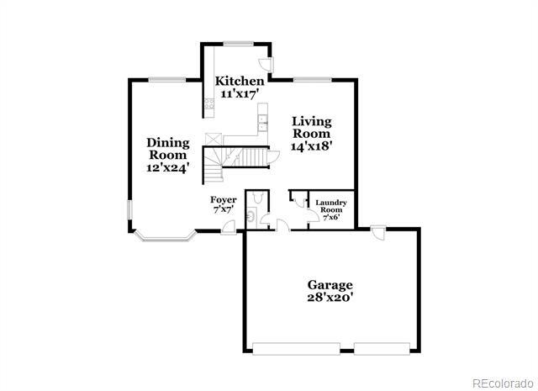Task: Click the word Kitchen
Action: coord(233,81)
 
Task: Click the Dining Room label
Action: coord(168,148)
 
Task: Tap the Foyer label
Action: coord(223,199)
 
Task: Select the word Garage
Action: coord(330,284)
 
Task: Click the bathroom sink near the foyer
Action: coord(251,218)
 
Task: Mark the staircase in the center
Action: coord(244,159)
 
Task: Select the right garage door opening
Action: coord(383,347)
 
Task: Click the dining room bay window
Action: coord(164,236)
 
